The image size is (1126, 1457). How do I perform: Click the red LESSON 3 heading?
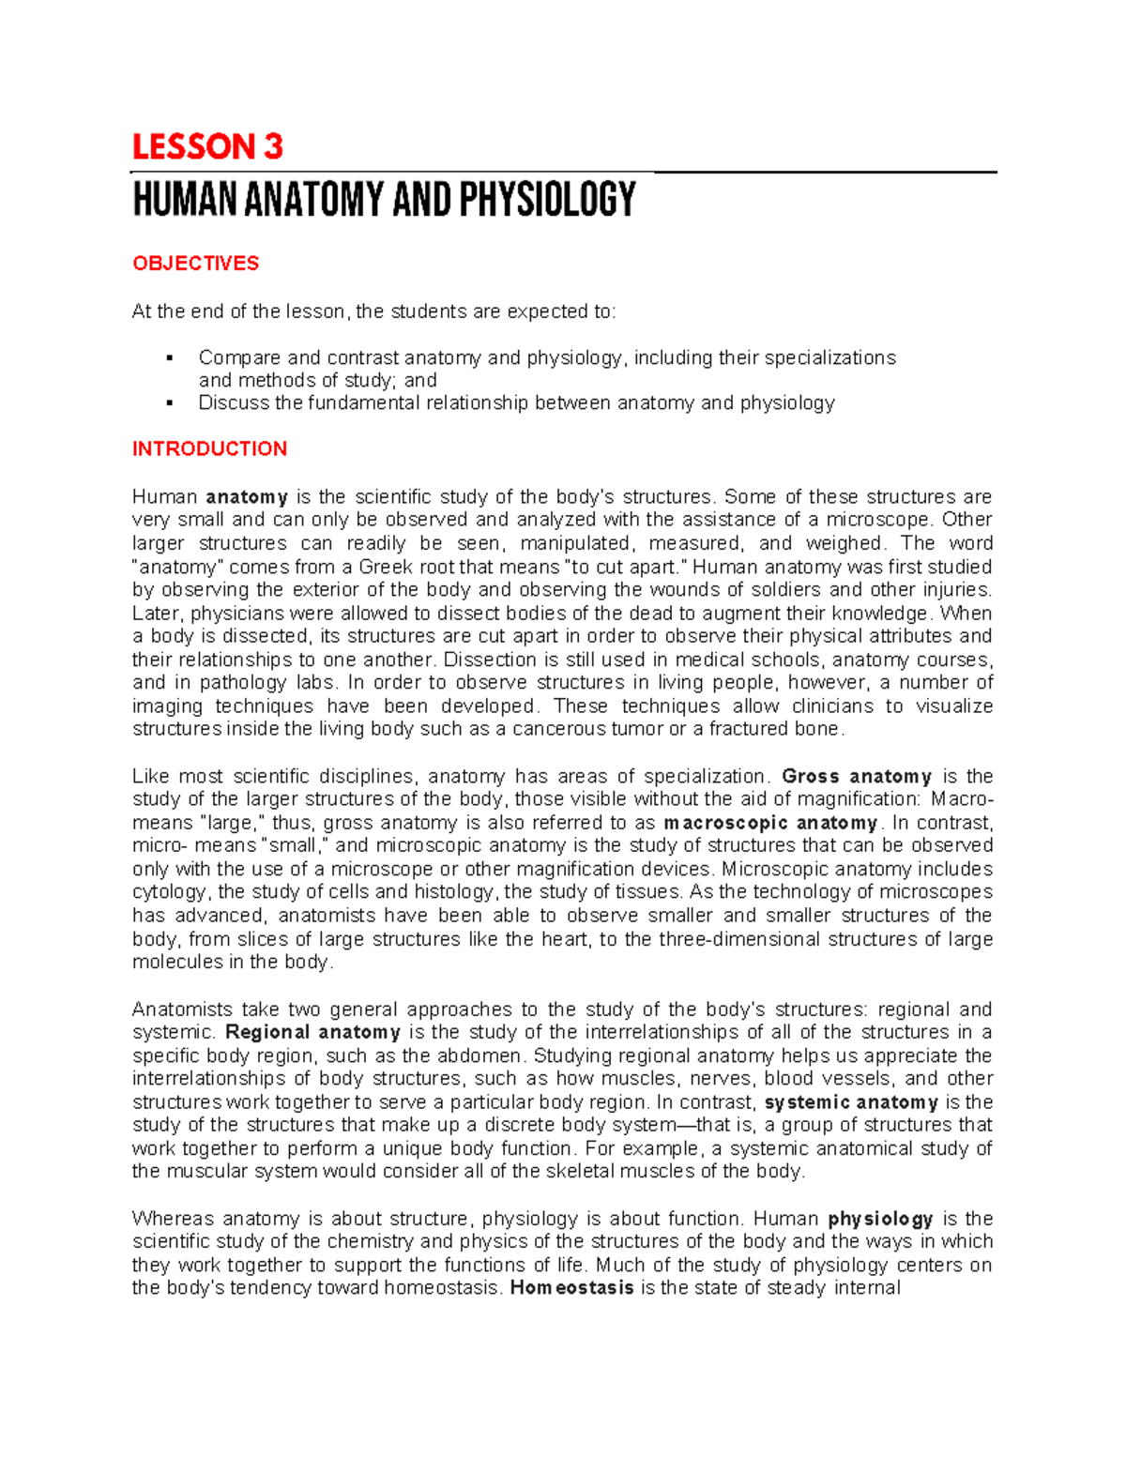pos(207,147)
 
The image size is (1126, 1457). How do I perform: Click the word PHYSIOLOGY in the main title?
pos(547,200)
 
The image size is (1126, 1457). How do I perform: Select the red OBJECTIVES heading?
pos(195,264)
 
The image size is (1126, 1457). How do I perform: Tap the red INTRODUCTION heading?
pos(209,449)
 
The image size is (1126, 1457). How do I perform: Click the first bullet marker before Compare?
pos(169,358)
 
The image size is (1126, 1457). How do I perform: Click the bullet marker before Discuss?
pos(169,403)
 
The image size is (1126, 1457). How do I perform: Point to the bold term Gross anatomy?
pos(856,777)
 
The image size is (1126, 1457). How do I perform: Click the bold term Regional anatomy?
pos(312,1032)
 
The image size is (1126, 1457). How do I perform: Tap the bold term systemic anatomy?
pos(851,1102)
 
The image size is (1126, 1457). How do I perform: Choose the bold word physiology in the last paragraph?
pos(880,1219)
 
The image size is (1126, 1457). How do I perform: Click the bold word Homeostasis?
pos(571,1288)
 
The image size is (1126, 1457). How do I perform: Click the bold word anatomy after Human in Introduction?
pos(247,497)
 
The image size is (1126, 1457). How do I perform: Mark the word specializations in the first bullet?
pos(830,358)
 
